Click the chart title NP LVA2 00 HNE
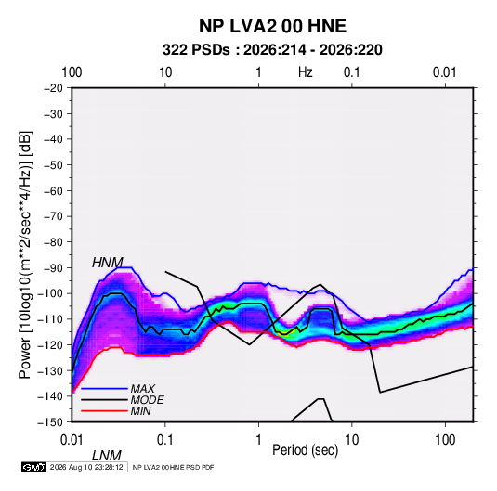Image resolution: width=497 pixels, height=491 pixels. click(272, 26)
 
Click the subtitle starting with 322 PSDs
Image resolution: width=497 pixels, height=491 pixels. click(272, 50)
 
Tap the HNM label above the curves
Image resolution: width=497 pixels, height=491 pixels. click(108, 263)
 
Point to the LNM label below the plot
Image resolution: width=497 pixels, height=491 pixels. click(107, 456)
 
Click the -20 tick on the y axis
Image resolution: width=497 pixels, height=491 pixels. click(54, 88)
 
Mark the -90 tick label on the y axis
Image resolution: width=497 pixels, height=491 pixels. click(54, 268)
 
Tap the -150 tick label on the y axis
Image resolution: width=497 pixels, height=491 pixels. click(50, 422)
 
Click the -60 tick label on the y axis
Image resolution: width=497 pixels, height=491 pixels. click(54, 190)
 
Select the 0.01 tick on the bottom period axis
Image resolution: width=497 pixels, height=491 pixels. click(72, 440)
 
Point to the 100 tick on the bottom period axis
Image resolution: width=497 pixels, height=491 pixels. click(445, 440)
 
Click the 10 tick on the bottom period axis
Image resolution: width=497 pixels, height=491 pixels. click(352, 440)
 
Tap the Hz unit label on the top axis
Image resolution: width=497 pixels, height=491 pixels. click(306, 72)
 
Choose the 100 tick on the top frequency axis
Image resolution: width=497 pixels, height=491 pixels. click(72, 72)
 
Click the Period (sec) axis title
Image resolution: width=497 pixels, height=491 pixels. click(306, 450)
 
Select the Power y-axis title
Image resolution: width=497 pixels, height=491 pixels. click(25, 254)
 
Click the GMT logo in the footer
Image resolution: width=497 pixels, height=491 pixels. click(34, 467)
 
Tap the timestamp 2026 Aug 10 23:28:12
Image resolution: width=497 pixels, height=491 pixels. click(86, 467)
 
